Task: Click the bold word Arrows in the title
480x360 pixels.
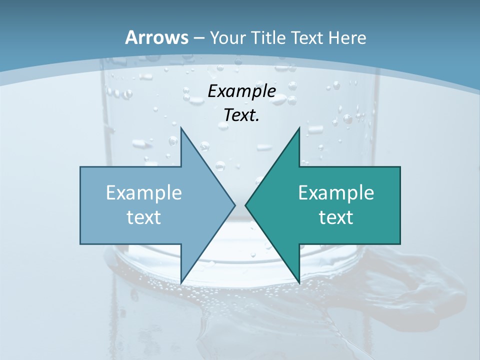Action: (x=156, y=37)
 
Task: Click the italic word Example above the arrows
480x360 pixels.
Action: (x=241, y=91)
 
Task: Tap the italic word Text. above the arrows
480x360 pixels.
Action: (x=241, y=115)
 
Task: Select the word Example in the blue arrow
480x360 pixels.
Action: (x=144, y=192)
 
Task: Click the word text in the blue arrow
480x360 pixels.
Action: (x=144, y=217)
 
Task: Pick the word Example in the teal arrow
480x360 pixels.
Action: (x=336, y=192)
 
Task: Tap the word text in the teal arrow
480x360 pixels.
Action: (x=336, y=217)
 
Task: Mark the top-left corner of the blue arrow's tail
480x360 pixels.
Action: (x=81, y=167)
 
